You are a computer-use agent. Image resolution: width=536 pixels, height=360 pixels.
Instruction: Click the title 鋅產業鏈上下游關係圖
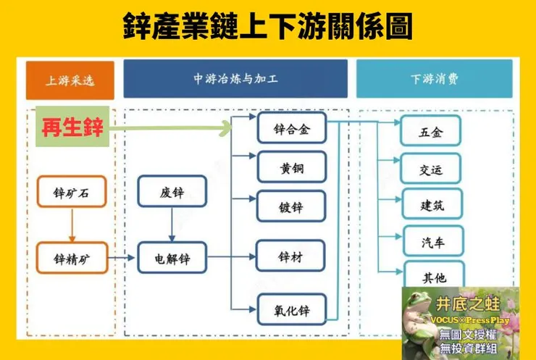pyautogui.click(x=267, y=28)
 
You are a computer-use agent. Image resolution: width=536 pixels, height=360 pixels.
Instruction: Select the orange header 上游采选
pyautogui.click(x=70, y=80)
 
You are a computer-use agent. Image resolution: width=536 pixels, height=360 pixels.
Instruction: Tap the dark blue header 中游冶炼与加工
pyautogui.click(x=236, y=79)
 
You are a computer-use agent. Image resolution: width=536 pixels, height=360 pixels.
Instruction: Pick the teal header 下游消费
pyautogui.click(x=434, y=79)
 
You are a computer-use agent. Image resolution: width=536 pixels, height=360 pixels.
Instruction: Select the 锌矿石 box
pyautogui.click(x=71, y=193)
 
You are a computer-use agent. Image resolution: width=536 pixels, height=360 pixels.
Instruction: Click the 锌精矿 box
pyautogui.click(x=71, y=257)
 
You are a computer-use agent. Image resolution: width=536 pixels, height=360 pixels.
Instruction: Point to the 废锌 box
pyautogui.click(x=172, y=193)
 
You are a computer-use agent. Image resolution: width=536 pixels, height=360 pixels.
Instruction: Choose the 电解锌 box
pyautogui.click(x=172, y=257)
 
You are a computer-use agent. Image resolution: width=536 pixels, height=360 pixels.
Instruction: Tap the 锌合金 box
pyautogui.click(x=292, y=129)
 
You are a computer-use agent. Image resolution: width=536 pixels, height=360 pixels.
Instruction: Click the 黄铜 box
pyautogui.click(x=292, y=167)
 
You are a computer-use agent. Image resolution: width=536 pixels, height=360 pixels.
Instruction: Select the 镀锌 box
pyautogui.click(x=292, y=207)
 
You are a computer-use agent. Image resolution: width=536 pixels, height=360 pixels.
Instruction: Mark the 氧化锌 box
pyautogui.click(x=292, y=310)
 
